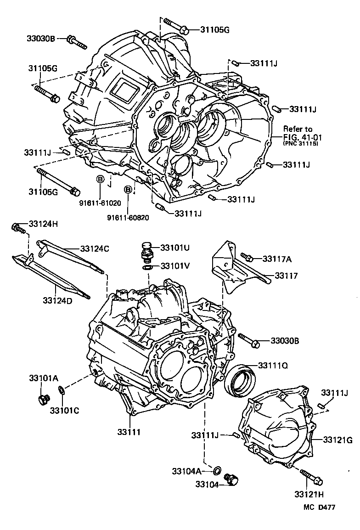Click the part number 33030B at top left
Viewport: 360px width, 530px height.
click(x=40, y=39)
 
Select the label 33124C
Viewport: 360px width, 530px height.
click(x=94, y=248)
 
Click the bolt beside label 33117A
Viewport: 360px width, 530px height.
click(x=246, y=258)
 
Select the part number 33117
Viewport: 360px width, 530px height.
click(x=287, y=276)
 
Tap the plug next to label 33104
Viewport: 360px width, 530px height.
click(x=232, y=479)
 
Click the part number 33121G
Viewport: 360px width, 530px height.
click(x=337, y=440)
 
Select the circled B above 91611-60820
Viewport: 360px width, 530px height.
click(x=129, y=189)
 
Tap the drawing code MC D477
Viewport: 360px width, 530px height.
click(x=319, y=507)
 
